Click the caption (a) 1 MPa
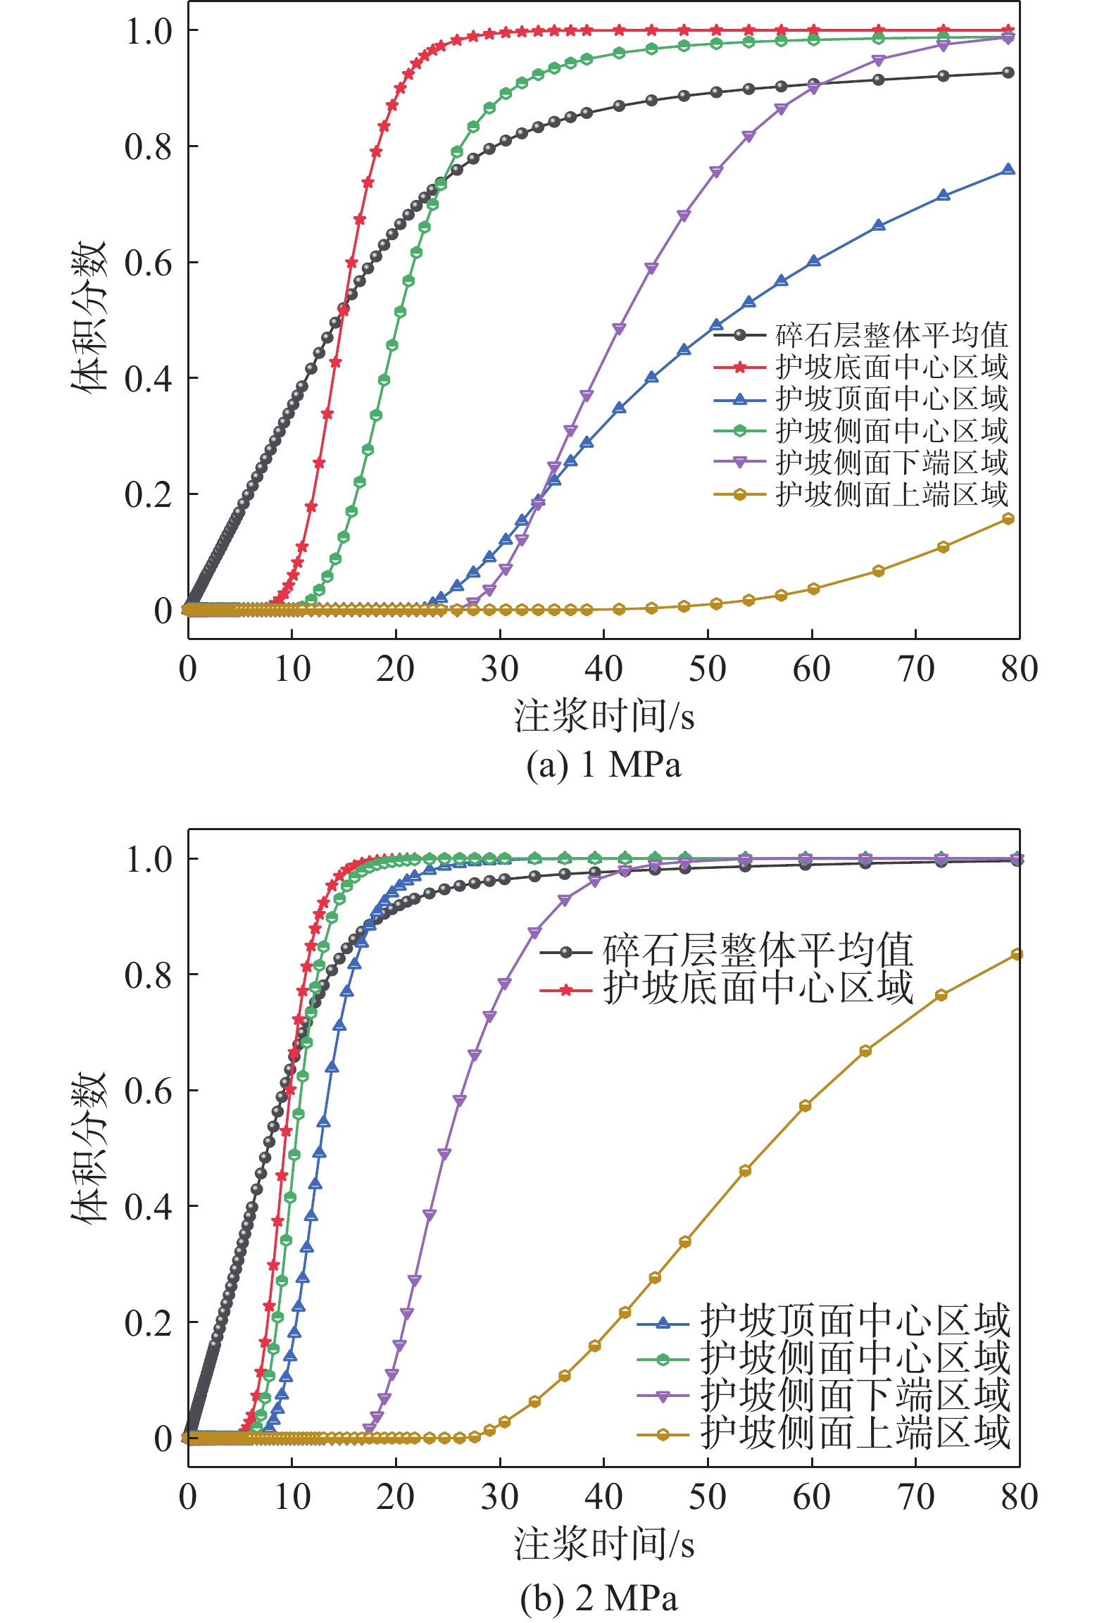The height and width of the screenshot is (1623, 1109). coord(603,765)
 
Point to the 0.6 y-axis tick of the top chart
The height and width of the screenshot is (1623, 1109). coord(149,263)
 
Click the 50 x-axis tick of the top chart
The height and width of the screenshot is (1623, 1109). coord(708,669)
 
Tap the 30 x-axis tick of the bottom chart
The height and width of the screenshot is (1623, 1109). coord(500,1497)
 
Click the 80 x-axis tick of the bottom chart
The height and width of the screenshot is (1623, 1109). coord(1020,1497)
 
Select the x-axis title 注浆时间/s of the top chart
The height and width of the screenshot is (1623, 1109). coord(603,717)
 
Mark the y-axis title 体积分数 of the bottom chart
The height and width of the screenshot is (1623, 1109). coord(89,1148)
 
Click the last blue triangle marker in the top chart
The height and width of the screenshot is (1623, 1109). coord(1008,170)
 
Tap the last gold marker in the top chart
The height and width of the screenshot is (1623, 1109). coord(1008,519)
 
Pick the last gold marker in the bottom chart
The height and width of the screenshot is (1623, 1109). coord(1017,955)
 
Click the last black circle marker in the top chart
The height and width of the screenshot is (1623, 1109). coord(1008,73)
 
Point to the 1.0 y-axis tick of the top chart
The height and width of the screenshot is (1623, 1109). coord(149,31)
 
